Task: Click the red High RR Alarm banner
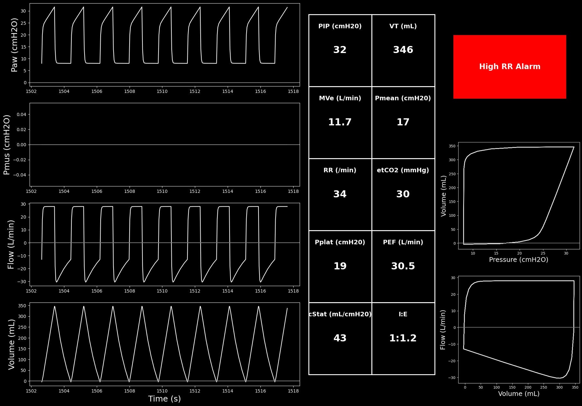(510, 67)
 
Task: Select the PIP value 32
(340, 50)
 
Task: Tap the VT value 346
(403, 50)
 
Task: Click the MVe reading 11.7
(340, 122)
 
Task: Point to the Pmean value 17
(403, 122)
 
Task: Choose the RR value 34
(340, 194)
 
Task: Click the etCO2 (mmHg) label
(403, 170)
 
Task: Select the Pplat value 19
(340, 266)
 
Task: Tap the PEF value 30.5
(403, 266)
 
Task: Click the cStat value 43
(340, 338)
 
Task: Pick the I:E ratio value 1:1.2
(403, 338)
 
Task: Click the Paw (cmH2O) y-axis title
(14, 45)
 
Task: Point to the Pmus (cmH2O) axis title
(7, 145)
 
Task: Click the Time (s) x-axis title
(164, 399)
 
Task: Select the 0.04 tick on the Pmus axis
(22, 114)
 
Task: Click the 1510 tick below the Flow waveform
(162, 291)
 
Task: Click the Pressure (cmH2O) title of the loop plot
(519, 260)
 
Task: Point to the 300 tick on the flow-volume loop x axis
(559, 387)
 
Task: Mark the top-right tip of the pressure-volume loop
(574, 147)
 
